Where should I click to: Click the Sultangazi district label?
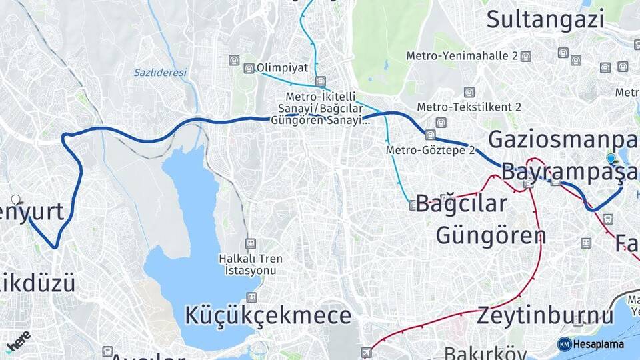tap(545, 19)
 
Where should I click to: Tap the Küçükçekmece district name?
tap(268, 315)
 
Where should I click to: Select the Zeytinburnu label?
tap(545, 315)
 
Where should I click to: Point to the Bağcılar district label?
tap(461, 203)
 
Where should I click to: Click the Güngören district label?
tap(491, 235)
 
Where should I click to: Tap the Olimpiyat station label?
tap(283, 68)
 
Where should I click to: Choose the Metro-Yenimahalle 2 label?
tap(462, 56)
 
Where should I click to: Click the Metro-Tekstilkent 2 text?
tap(469, 107)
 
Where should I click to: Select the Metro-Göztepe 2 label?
tap(430, 151)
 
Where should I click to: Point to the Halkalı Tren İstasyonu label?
tap(250, 264)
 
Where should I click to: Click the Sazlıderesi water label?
tap(160, 72)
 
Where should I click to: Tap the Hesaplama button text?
tap(598, 344)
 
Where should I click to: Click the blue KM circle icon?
tap(564, 344)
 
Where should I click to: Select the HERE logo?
tap(18, 342)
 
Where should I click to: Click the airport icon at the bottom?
tap(365, 351)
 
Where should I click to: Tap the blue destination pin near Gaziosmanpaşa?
tap(611, 159)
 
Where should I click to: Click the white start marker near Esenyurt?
tap(16, 199)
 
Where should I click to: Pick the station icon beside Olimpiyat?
tap(249, 68)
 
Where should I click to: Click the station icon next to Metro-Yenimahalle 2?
tap(525, 56)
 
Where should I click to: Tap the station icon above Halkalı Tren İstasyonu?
tap(250, 243)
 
